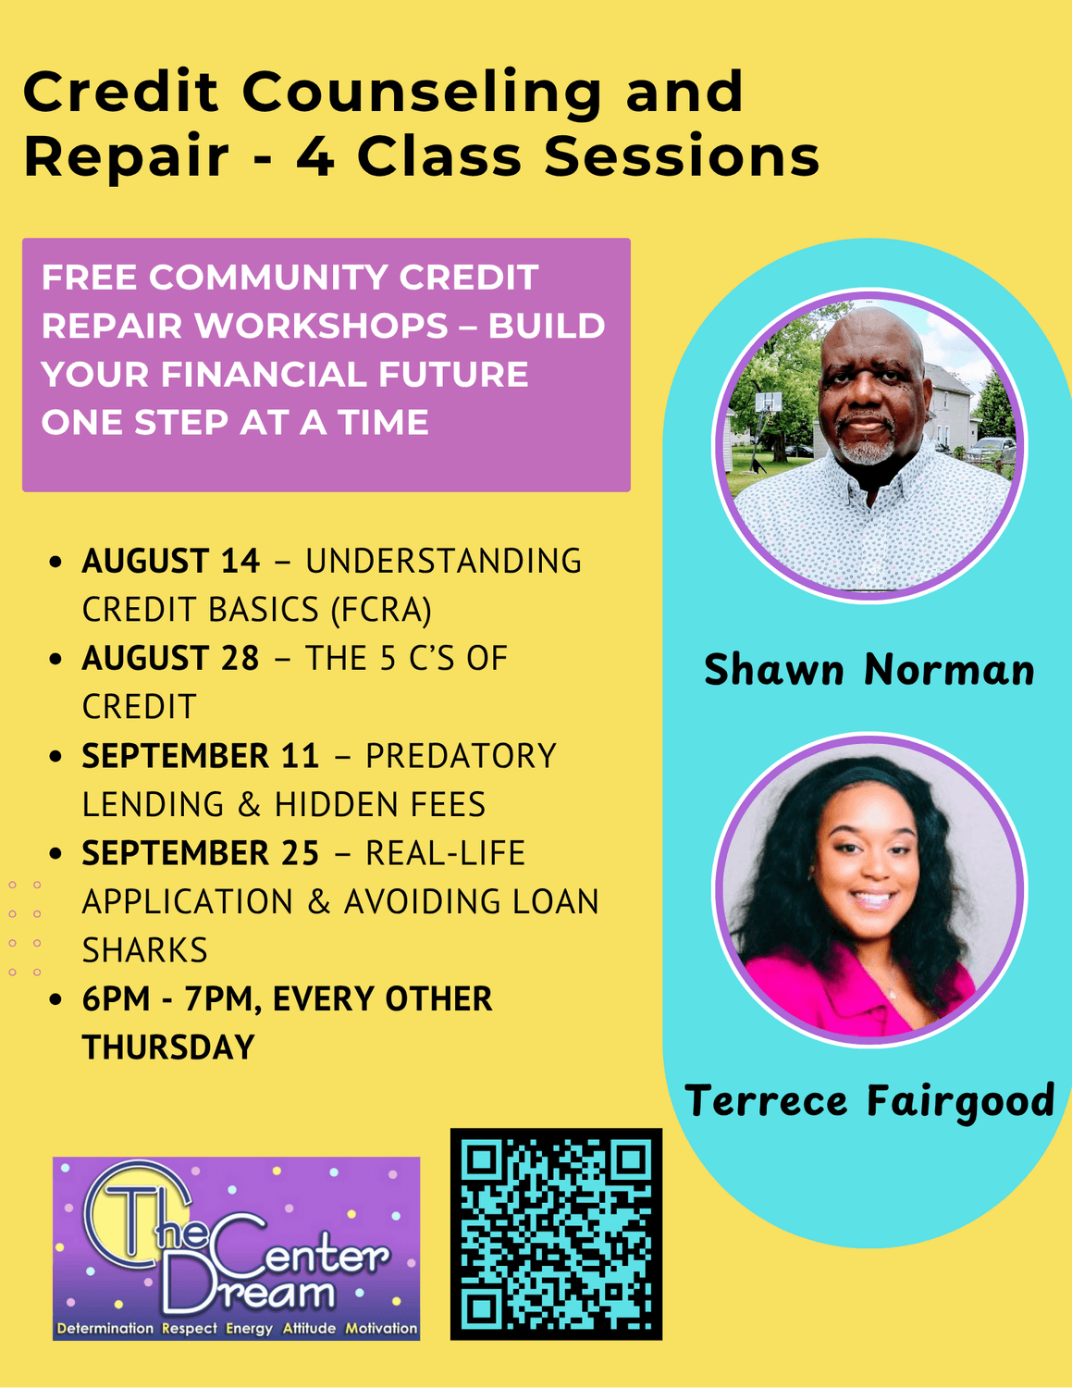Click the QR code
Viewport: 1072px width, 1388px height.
[556, 1234]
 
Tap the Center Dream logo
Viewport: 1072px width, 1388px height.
[236, 1248]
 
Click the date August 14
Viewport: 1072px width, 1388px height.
[170, 561]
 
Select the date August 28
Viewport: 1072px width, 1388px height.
[170, 658]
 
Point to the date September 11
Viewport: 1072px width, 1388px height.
[201, 756]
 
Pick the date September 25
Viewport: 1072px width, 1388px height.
[201, 853]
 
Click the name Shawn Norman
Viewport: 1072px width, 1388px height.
[869, 669]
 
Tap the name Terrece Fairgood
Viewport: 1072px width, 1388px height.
[869, 1101]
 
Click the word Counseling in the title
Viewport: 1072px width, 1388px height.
[422, 93]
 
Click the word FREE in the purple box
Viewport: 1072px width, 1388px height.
[89, 278]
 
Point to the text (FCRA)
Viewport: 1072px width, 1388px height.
[381, 610]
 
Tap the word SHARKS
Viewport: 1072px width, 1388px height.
[145, 949]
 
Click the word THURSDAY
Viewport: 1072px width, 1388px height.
[168, 1047]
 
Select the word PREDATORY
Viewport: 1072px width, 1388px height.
[461, 756]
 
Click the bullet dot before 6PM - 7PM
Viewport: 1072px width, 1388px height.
[55, 998]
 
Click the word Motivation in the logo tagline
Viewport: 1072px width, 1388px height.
[381, 1328]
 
